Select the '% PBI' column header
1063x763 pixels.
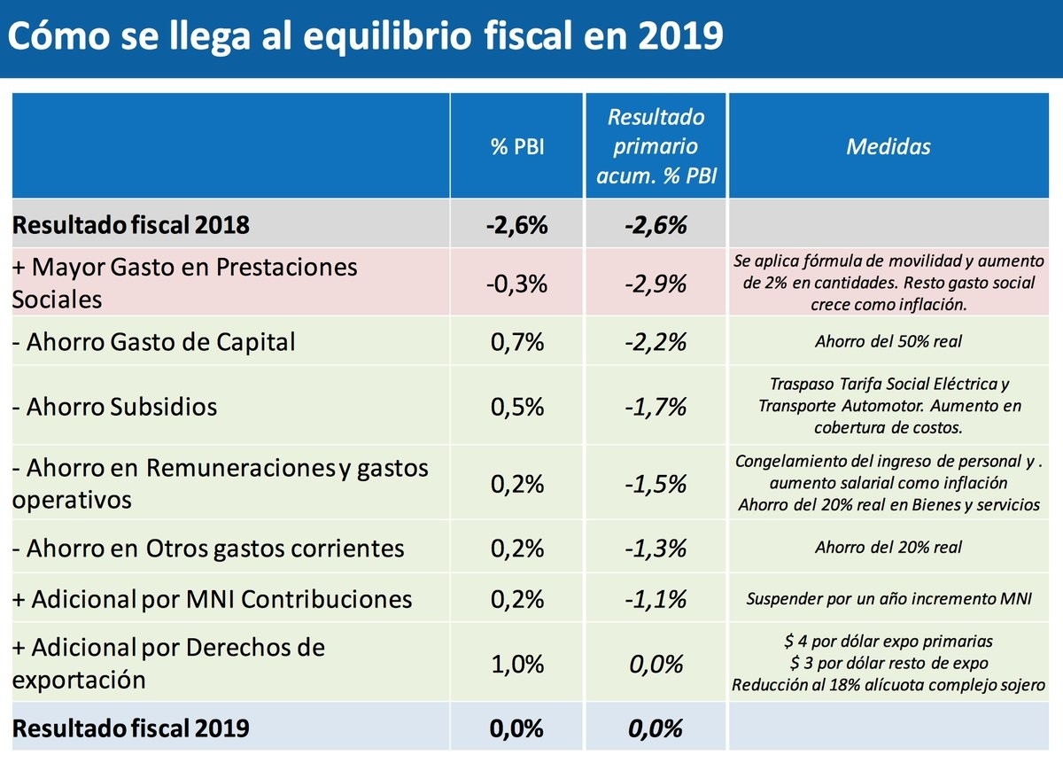[516, 147]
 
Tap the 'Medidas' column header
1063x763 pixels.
[888, 147]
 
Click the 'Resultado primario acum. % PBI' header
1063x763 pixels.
[656, 147]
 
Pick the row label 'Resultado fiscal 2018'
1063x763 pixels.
[130, 225]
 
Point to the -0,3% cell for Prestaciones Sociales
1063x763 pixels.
[516, 284]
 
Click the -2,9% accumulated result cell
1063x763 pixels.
[656, 284]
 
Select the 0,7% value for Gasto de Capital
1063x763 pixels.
[516, 342]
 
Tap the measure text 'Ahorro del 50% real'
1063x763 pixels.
[888, 342]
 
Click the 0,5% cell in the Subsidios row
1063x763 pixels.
[516, 408]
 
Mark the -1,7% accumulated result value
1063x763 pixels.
[656, 408]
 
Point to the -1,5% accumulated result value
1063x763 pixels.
[656, 485]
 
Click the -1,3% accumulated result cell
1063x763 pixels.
[656, 549]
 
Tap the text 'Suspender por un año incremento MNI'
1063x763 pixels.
[888, 599]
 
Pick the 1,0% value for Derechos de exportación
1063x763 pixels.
[516, 665]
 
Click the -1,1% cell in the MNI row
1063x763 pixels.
[656, 599]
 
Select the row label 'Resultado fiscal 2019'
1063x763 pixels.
[130, 728]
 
